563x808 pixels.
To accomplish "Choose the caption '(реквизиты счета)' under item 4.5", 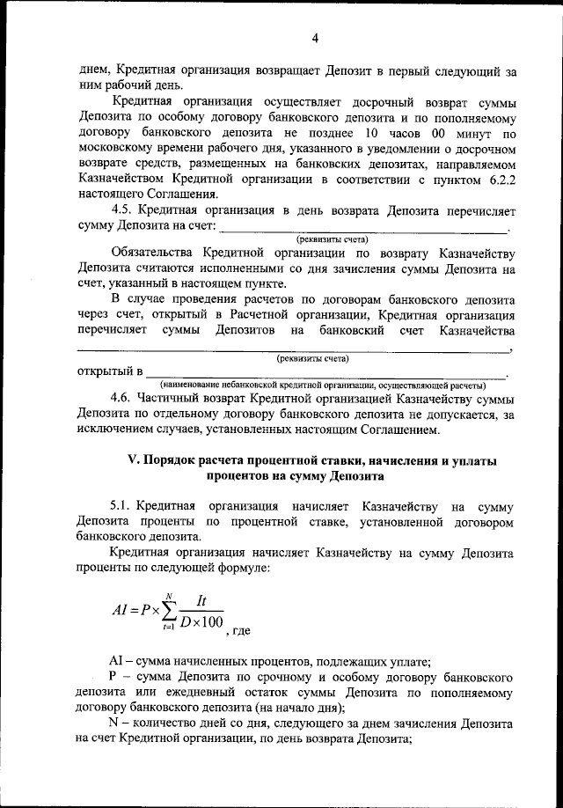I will pyautogui.click(x=332, y=239).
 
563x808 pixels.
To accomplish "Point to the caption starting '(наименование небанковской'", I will pyautogui.click(x=322, y=386).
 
